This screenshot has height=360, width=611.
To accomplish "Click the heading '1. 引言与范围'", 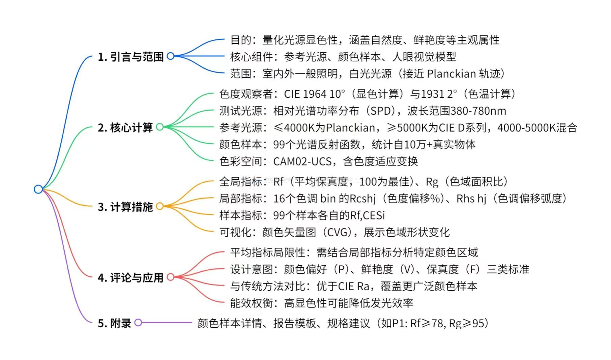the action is [130, 57].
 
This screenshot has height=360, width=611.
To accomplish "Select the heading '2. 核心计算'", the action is [125, 127].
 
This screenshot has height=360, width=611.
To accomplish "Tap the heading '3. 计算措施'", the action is [125, 207].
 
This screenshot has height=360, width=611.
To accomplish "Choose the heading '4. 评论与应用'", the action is [130, 277].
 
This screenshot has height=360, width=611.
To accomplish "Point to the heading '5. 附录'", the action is [114, 323].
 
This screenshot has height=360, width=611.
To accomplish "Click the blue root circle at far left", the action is [38, 189].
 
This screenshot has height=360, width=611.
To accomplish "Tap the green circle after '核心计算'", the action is [160, 127].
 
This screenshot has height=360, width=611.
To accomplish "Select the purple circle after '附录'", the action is [138, 323].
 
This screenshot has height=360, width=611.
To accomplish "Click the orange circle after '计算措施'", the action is [160, 206].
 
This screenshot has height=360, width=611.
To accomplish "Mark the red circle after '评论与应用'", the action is [171, 277].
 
